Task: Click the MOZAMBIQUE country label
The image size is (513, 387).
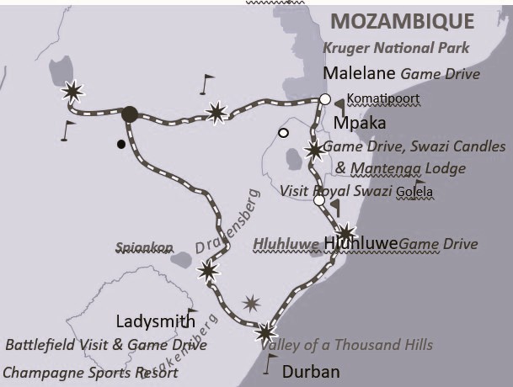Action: coord(402,21)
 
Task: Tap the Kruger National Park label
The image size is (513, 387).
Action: coord(397,48)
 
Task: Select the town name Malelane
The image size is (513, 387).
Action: coord(360,73)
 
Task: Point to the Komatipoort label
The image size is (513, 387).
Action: coord(383,99)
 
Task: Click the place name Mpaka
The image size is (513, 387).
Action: coord(360,124)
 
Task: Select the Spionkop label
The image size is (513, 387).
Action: coord(144,248)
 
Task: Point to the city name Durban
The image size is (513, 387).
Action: coord(311,372)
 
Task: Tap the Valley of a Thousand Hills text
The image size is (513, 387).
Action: coord(346,345)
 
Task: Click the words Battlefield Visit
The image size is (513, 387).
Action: coord(57,345)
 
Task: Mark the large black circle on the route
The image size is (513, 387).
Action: coord(129,114)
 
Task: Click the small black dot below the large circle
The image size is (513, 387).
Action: coord(121,145)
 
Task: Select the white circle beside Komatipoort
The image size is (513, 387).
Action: coord(325,99)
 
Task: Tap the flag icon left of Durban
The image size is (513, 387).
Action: coord(270,363)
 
